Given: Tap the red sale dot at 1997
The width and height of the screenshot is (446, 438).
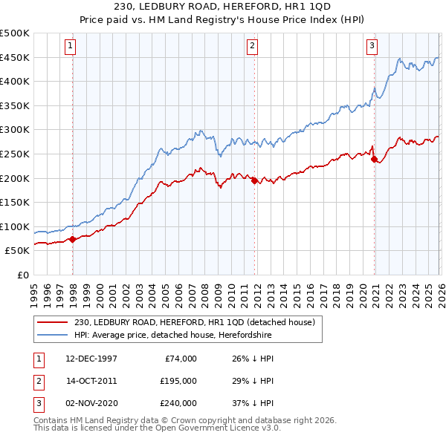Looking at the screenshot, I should click(x=73, y=239).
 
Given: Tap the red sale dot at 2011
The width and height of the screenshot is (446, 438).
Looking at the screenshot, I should click(x=254, y=180).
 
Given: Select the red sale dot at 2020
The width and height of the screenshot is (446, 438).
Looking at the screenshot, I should click(x=374, y=158).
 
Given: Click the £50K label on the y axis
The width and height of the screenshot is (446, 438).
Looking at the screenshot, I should click(x=17, y=251).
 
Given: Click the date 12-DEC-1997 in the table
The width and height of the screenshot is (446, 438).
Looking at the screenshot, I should click(x=91, y=359).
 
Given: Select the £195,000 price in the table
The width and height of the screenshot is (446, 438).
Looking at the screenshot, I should click(x=179, y=381).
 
